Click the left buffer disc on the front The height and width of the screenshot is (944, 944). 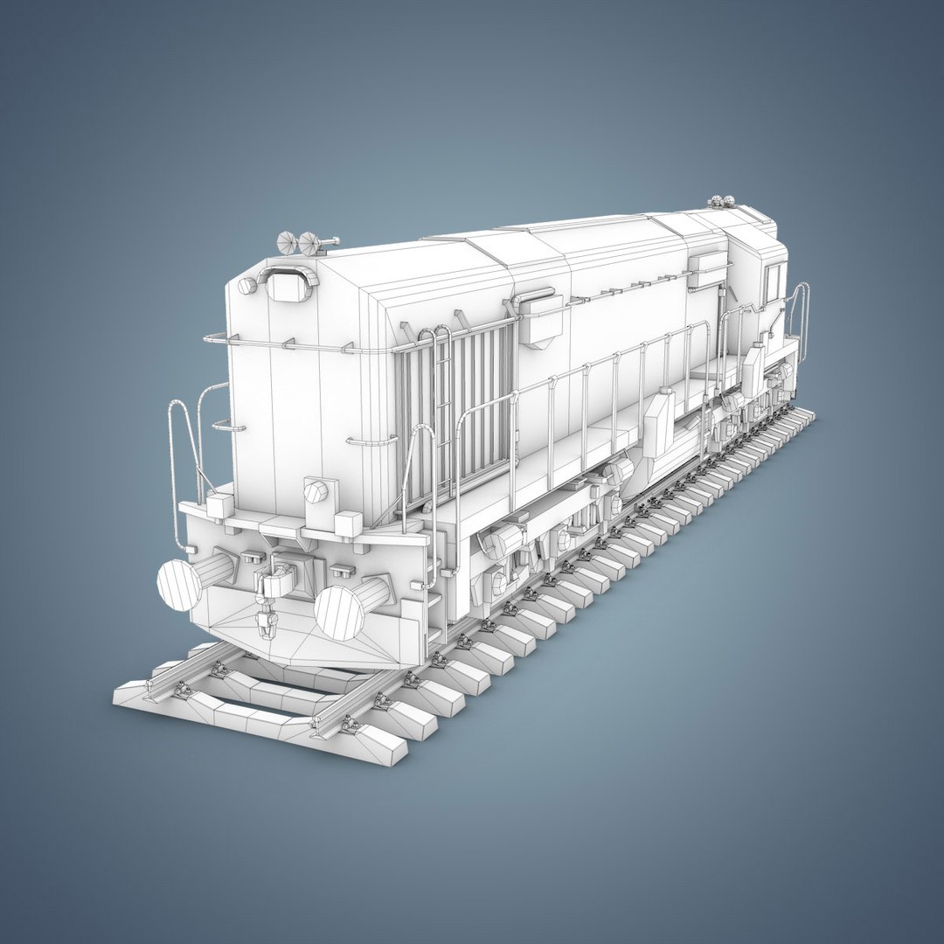point(180,584)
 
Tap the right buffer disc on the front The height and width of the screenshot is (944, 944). point(339,611)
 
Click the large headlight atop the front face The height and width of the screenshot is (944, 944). point(288,285)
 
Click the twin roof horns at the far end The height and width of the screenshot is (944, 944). point(721,202)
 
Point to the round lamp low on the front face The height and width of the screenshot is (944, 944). point(316,491)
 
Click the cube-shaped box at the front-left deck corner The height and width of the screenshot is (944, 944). point(219,504)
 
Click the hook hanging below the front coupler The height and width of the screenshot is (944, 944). point(266,623)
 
